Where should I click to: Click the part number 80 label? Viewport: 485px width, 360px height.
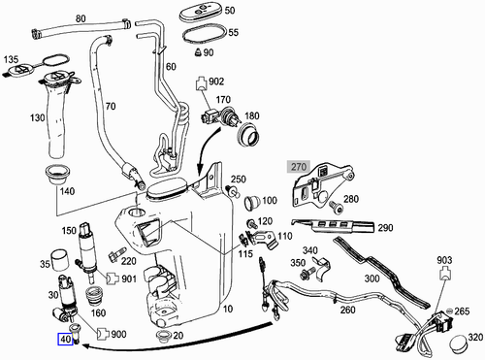click(x=80, y=18)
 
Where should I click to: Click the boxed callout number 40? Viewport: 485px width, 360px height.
click(x=65, y=340)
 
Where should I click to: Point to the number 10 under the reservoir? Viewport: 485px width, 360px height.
click(x=227, y=310)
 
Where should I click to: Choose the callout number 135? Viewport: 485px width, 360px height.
click(x=12, y=59)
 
